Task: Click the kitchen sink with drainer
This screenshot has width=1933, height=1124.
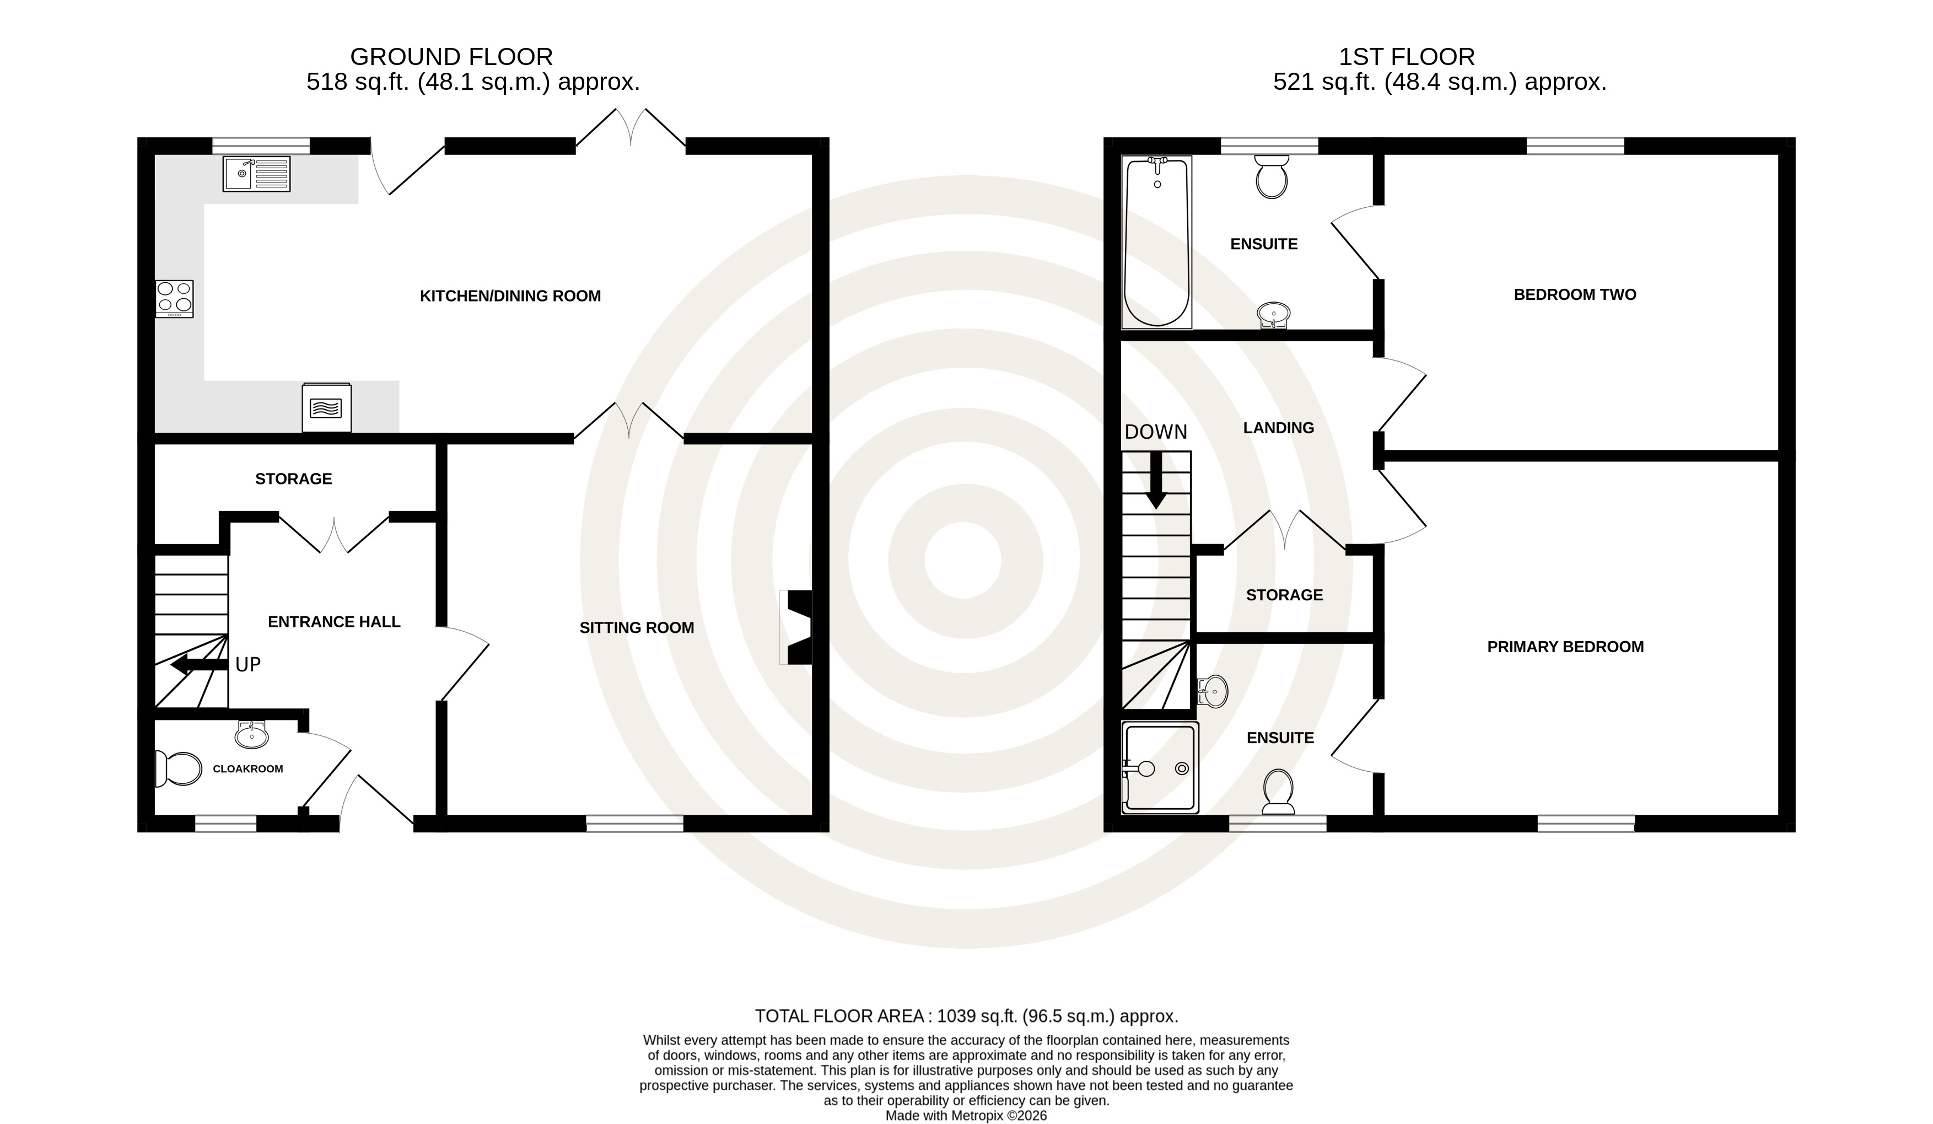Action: click(x=256, y=174)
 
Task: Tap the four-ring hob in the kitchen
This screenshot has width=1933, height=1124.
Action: click(x=174, y=298)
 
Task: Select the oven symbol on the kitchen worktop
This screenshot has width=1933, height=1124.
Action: click(x=327, y=407)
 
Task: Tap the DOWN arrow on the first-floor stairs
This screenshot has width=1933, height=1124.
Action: click(x=1156, y=480)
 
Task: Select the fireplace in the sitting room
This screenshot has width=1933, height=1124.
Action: click(x=796, y=627)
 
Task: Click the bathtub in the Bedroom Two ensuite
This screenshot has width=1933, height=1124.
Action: click(x=1157, y=241)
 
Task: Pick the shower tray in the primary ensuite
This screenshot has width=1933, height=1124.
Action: click(x=1160, y=767)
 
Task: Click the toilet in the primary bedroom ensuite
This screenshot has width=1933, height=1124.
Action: click(x=1278, y=792)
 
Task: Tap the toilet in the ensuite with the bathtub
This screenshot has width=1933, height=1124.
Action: click(x=1271, y=176)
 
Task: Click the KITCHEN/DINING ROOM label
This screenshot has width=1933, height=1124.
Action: click(x=510, y=296)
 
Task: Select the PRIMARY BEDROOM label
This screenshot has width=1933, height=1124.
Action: click(x=1565, y=647)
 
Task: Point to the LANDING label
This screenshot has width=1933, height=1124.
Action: click(x=1279, y=428)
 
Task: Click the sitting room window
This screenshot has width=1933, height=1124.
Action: click(x=635, y=823)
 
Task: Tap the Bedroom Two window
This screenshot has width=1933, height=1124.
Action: click(x=1575, y=146)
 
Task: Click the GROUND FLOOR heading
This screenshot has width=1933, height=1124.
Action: click(x=451, y=57)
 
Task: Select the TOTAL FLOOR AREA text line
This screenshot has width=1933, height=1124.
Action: click(x=967, y=1017)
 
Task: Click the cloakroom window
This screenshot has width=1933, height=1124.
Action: click(x=225, y=823)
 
